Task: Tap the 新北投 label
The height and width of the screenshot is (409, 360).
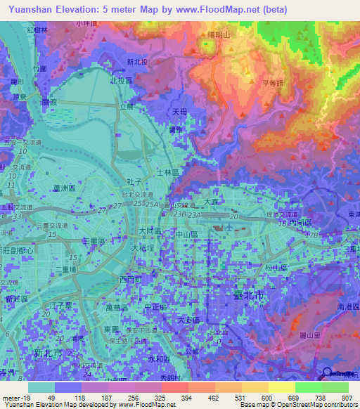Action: (138, 62)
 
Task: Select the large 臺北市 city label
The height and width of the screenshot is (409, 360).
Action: (247, 296)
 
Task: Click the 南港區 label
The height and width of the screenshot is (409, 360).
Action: (348, 308)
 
